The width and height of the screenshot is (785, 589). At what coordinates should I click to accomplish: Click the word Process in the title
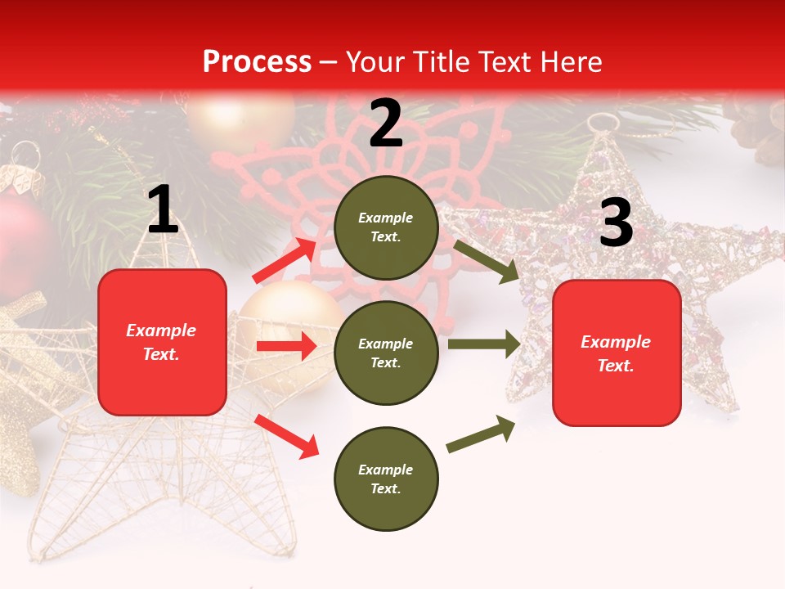[x=257, y=61]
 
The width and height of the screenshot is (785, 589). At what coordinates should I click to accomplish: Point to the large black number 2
[x=386, y=124]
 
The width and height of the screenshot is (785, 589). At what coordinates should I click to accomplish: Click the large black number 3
[x=616, y=223]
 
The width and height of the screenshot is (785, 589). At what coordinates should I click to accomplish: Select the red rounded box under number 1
[x=162, y=342]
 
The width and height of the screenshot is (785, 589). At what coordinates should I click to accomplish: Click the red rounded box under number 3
[x=617, y=353]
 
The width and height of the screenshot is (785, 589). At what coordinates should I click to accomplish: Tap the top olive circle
[x=386, y=227]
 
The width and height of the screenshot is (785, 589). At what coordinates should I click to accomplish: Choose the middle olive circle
[x=386, y=353]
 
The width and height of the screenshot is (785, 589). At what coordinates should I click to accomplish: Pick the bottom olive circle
[x=386, y=479]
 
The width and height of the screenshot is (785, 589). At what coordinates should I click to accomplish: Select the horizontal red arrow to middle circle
[x=286, y=346]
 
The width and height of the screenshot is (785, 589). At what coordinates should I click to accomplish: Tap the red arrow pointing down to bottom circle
[x=286, y=436]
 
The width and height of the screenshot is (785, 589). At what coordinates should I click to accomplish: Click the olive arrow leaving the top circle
[x=486, y=261]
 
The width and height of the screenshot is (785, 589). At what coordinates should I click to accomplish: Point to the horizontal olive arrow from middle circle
[x=483, y=344]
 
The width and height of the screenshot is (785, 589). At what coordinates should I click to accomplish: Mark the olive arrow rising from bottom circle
[x=481, y=434]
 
